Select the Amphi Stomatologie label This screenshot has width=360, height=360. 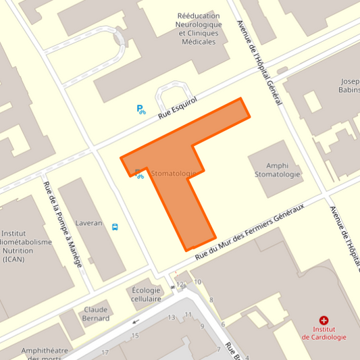point(277,170)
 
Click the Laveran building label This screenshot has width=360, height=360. point(88,222)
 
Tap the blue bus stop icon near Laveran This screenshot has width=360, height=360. point(115,227)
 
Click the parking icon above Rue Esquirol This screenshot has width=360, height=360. point(141,109)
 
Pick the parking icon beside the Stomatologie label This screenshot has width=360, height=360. point(140,174)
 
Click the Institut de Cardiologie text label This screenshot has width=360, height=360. point(324,334)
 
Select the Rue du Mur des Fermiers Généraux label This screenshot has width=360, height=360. point(250,231)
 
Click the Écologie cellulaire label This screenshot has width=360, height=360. point(147,294)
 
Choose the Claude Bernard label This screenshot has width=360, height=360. point(96,314)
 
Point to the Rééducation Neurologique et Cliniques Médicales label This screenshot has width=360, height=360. point(198,28)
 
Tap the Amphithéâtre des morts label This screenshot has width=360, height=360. point(46,353)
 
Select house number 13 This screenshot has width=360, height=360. point(172,317)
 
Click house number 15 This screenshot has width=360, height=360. point(135,335)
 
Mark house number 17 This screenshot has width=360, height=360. point(105,353)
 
